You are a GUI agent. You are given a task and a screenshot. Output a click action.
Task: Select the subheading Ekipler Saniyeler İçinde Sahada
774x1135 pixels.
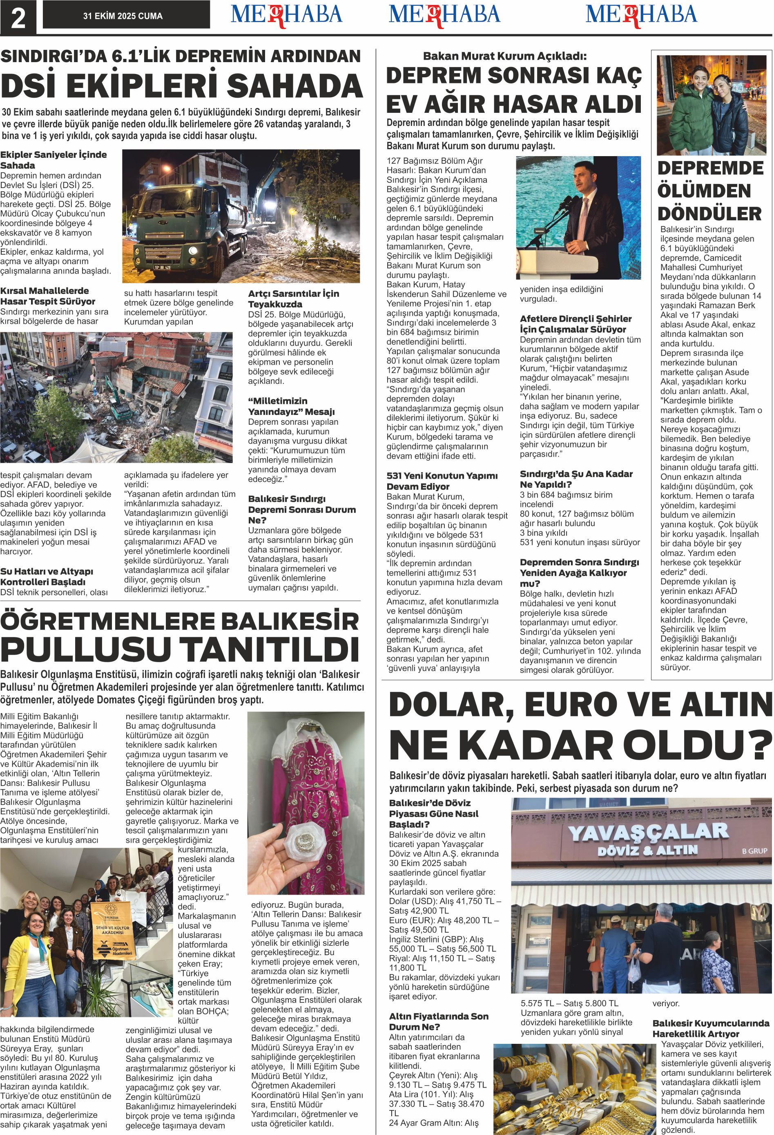tap(53, 160)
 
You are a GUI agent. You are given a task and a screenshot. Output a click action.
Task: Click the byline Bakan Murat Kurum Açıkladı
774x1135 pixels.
tap(504, 56)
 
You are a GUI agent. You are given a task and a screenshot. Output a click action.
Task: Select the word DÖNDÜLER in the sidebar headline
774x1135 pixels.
tap(709, 213)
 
